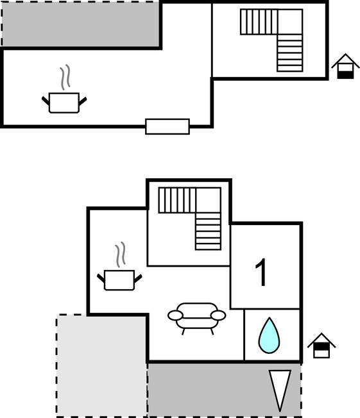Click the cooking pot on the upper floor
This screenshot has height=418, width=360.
pyautogui.click(x=64, y=103)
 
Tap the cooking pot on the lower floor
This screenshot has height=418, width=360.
pyautogui.click(x=119, y=280)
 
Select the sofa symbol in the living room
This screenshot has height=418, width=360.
pyautogui.click(x=197, y=318)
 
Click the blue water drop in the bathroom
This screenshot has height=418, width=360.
pyautogui.click(x=269, y=335)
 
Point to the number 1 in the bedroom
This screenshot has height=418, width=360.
pyautogui.click(x=261, y=272)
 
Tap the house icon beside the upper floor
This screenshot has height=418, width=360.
pyautogui.click(x=346, y=66)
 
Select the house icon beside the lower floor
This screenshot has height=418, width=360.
pyautogui.click(x=321, y=346)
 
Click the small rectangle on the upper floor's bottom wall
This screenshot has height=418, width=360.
pyautogui.click(x=167, y=127)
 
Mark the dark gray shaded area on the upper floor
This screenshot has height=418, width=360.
pyautogui.click(x=81, y=24)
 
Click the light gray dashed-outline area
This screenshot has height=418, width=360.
pyautogui.click(x=101, y=365)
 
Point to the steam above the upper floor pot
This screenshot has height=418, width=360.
pyautogui.click(x=65, y=77)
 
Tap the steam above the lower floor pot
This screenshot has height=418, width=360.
pyautogui.click(x=121, y=255)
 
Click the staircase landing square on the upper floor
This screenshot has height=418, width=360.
pyautogui.click(x=290, y=22)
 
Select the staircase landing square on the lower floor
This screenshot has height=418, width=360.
pyautogui.click(x=209, y=200)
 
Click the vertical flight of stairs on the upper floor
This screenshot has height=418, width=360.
pyautogui.click(x=290, y=53)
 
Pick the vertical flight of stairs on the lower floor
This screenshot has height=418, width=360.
pyautogui.click(x=209, y=231)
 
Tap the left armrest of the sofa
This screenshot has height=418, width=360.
pyautogui.click(x=175, y=315)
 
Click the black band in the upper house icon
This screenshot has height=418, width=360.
pyautogui.click(x=346, y=75)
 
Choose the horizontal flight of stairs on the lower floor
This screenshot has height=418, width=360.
pyautogui.click(x=178, y=200)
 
